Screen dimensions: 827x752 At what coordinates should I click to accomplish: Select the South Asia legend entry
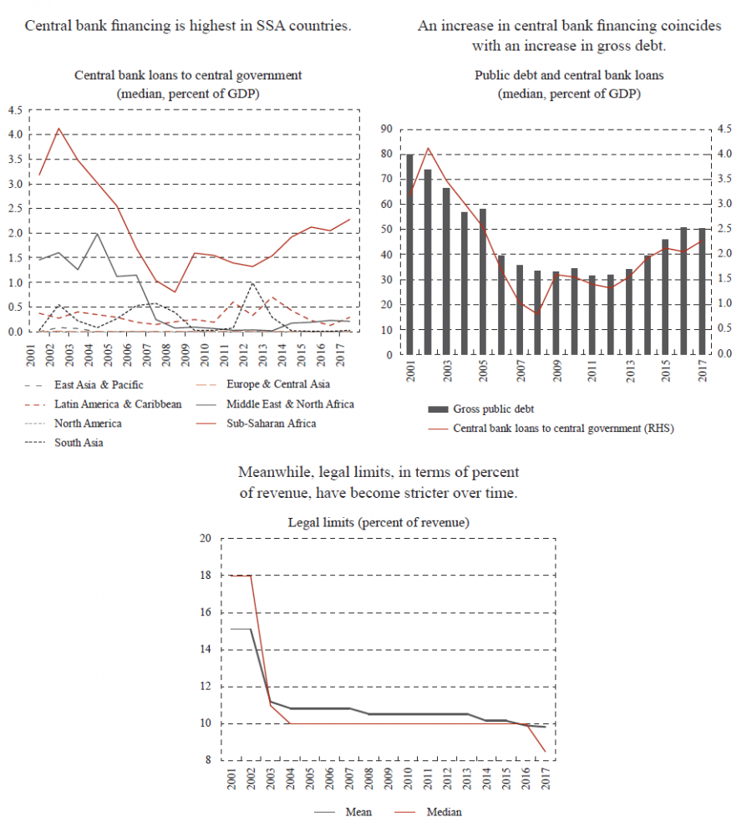(79, 443)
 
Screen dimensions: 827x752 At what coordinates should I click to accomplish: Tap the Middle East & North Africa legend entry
(290, 404)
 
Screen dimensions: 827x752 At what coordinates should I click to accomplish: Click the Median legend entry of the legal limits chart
(444, 812)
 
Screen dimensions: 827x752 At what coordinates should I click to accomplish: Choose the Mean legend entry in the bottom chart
(358, 812)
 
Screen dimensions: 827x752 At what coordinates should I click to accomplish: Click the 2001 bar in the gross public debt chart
(409, 254)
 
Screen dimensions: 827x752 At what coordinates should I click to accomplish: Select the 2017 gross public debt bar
(701, 292)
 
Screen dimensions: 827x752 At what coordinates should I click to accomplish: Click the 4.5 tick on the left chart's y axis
(14, 109)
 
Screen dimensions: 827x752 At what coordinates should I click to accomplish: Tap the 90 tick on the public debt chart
(385, 129)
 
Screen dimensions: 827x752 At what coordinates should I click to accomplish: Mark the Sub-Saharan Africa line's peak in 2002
(58, 129)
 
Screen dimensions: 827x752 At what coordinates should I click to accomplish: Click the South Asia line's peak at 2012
(252, 283)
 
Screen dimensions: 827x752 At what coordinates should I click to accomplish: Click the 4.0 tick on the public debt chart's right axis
(724, 154)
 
